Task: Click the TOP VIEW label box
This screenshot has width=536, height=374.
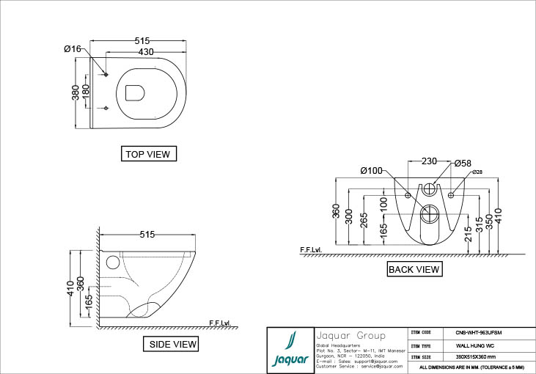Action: [149, 154]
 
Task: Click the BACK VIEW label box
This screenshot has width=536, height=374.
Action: [414, 269]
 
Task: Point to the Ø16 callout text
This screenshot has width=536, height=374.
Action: [73, 48]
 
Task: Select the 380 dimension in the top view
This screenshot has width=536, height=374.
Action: [76, 93]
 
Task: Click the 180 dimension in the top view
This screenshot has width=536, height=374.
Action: [86, 93]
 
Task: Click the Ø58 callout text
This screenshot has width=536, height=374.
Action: [462, 163]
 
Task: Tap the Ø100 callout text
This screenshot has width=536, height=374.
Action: [371, 171]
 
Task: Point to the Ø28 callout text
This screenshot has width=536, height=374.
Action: [477, 172]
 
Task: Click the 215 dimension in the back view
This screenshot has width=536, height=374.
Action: [468, 234]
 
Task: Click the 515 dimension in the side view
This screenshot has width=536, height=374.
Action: [147, 235]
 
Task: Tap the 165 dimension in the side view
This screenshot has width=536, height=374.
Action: [89, 301]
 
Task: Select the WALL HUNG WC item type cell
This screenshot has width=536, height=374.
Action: [469, 345]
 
